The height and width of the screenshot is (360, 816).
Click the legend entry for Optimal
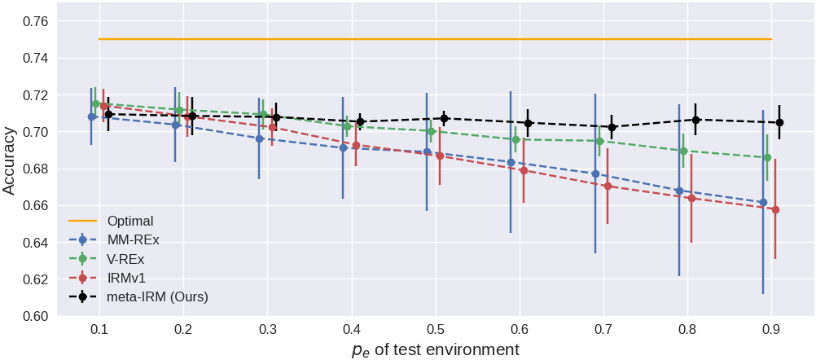coord(130,221)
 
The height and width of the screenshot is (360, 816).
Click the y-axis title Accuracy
coord(10,159)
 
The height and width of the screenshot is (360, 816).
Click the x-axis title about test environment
coord(435,350)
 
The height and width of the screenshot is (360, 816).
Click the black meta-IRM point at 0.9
coord(779,123)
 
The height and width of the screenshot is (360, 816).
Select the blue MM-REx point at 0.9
coord(763,202)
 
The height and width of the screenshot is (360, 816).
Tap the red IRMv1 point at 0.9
coord(775,209)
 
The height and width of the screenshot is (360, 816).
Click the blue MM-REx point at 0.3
coord(260,138)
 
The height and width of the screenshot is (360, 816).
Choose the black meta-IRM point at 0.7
coord(612,127)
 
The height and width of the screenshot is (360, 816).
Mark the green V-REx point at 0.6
coord(515,139)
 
